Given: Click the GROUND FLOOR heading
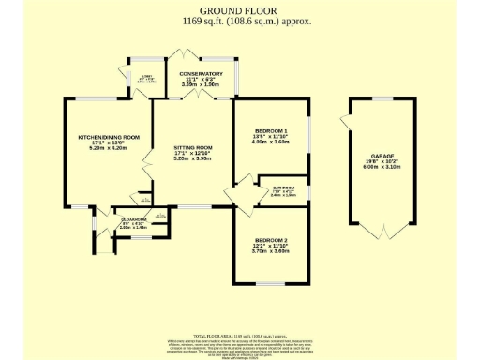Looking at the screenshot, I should pos(239,10).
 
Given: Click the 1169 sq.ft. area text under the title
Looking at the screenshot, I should pos(239,20).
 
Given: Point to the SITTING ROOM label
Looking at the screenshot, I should pos(193,148).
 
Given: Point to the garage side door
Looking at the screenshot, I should pos(347,123).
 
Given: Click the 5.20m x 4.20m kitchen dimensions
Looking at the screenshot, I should pos(108,149).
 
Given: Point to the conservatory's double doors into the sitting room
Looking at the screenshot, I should pos(198,96).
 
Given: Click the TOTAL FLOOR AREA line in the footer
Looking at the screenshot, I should pos(239,335).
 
